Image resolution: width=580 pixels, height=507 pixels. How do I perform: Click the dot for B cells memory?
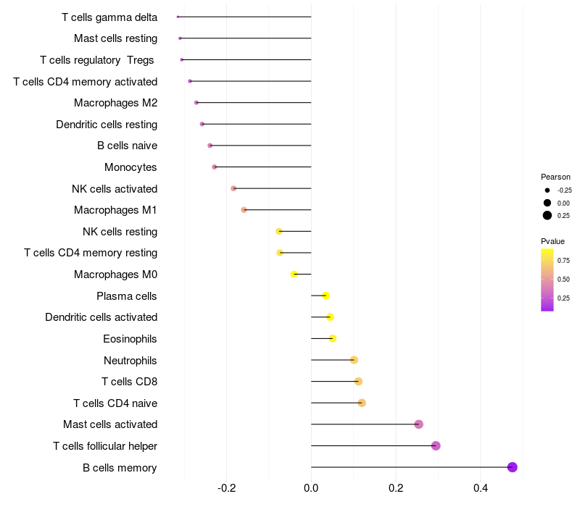(x=513, y=467)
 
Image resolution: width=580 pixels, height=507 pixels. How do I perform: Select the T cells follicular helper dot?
(x=436, y=445)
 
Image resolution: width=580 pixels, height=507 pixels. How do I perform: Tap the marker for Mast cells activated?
(x=418, y=424)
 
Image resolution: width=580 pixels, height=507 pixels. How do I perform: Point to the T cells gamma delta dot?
(x=178, y=17)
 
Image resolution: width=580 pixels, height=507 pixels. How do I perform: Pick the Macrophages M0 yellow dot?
(x=294, y=275)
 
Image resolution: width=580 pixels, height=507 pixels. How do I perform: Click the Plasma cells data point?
(x=326, y=296)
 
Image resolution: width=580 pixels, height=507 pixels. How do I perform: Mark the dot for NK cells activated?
(x=233, y=188)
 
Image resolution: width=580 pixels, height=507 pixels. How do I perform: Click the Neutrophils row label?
(x=130, y=360)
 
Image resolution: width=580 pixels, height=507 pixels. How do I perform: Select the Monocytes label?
(x=130, y=167)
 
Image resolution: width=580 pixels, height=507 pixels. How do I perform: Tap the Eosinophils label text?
(x=130, y=338)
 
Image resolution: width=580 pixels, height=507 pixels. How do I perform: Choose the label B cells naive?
(x=127, y=146)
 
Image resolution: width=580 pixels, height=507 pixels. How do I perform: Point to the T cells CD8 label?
(x=129, y=382)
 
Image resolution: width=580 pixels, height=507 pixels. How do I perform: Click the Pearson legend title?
(x=555, y=177)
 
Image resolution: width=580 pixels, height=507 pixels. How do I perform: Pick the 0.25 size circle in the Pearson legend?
(x=547, y=215)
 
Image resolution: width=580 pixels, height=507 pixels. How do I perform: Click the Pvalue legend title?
(x=552, y=241)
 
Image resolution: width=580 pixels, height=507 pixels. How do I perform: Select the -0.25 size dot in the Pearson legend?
(x=547, y=190)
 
